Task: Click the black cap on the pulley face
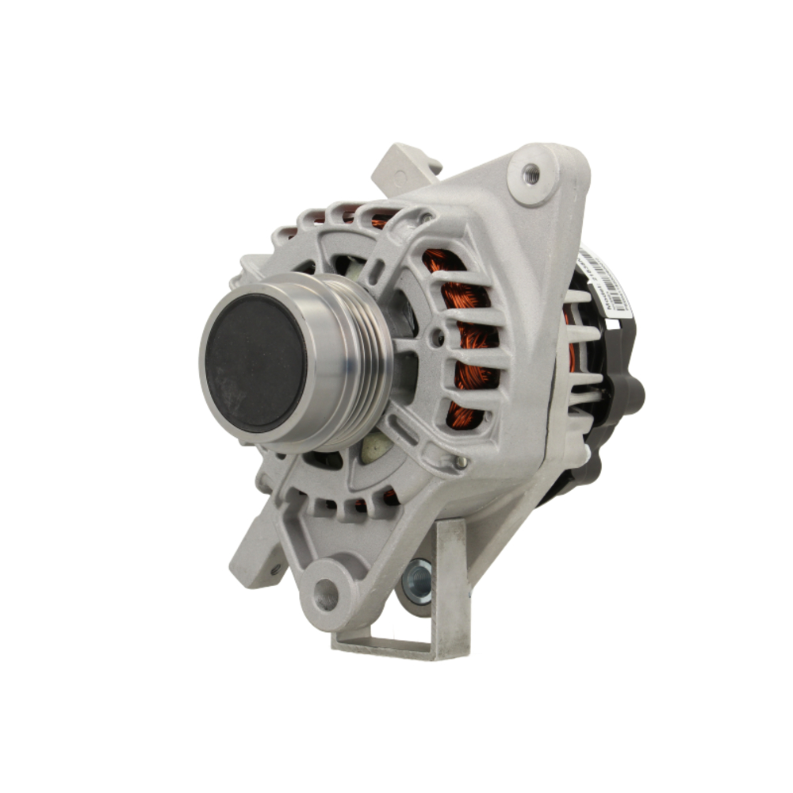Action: point(255,362)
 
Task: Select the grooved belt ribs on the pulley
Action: point(361,361)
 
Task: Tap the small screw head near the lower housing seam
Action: point(459,462)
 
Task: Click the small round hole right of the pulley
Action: point(435,340)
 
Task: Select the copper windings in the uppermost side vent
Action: point(439,261)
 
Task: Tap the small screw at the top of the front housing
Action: point(427,216)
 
